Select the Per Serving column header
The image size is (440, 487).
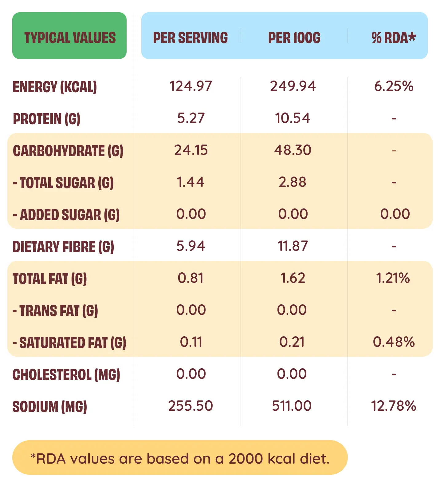pyautogui.click(x=191, y=38)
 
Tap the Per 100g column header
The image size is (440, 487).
pyautogui.click(x=294, y=38)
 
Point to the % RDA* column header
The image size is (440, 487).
pyautogui.click(x=393, y=38)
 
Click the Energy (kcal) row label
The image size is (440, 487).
pyautogui.click(x=55, y=87)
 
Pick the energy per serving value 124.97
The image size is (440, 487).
pyautogui.click(x=191, y=86)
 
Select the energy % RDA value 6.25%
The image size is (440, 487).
pyautogui.click(x=394, y=86)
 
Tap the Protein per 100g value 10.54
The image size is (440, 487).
pyautogui.click(x=293, y=118)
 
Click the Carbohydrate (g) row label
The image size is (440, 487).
pyautogui.click(x=68, y=151)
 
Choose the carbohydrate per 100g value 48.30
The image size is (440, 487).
pyautogui.click(x=293, y=150)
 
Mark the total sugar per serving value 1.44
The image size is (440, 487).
pyautogui.click(x=191, y=182)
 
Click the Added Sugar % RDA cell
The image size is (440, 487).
pyautogui.click(x=395, y=214)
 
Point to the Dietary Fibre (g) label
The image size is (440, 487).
pyautogui.click(x=63, y=247)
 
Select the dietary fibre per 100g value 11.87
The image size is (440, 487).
pyautogui.click(x=293, y=246)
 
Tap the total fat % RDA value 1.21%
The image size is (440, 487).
pyautogui.click(x=393, y=278)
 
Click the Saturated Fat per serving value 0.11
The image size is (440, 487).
pyautogui.click(x=191, y=342)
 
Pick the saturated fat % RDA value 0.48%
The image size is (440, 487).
pyautogui.click(x=394, y=342)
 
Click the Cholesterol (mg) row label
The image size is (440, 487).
pyautogui.click(x=66, y=375)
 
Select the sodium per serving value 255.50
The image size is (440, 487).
pyautogui.click(x=191, y=406)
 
